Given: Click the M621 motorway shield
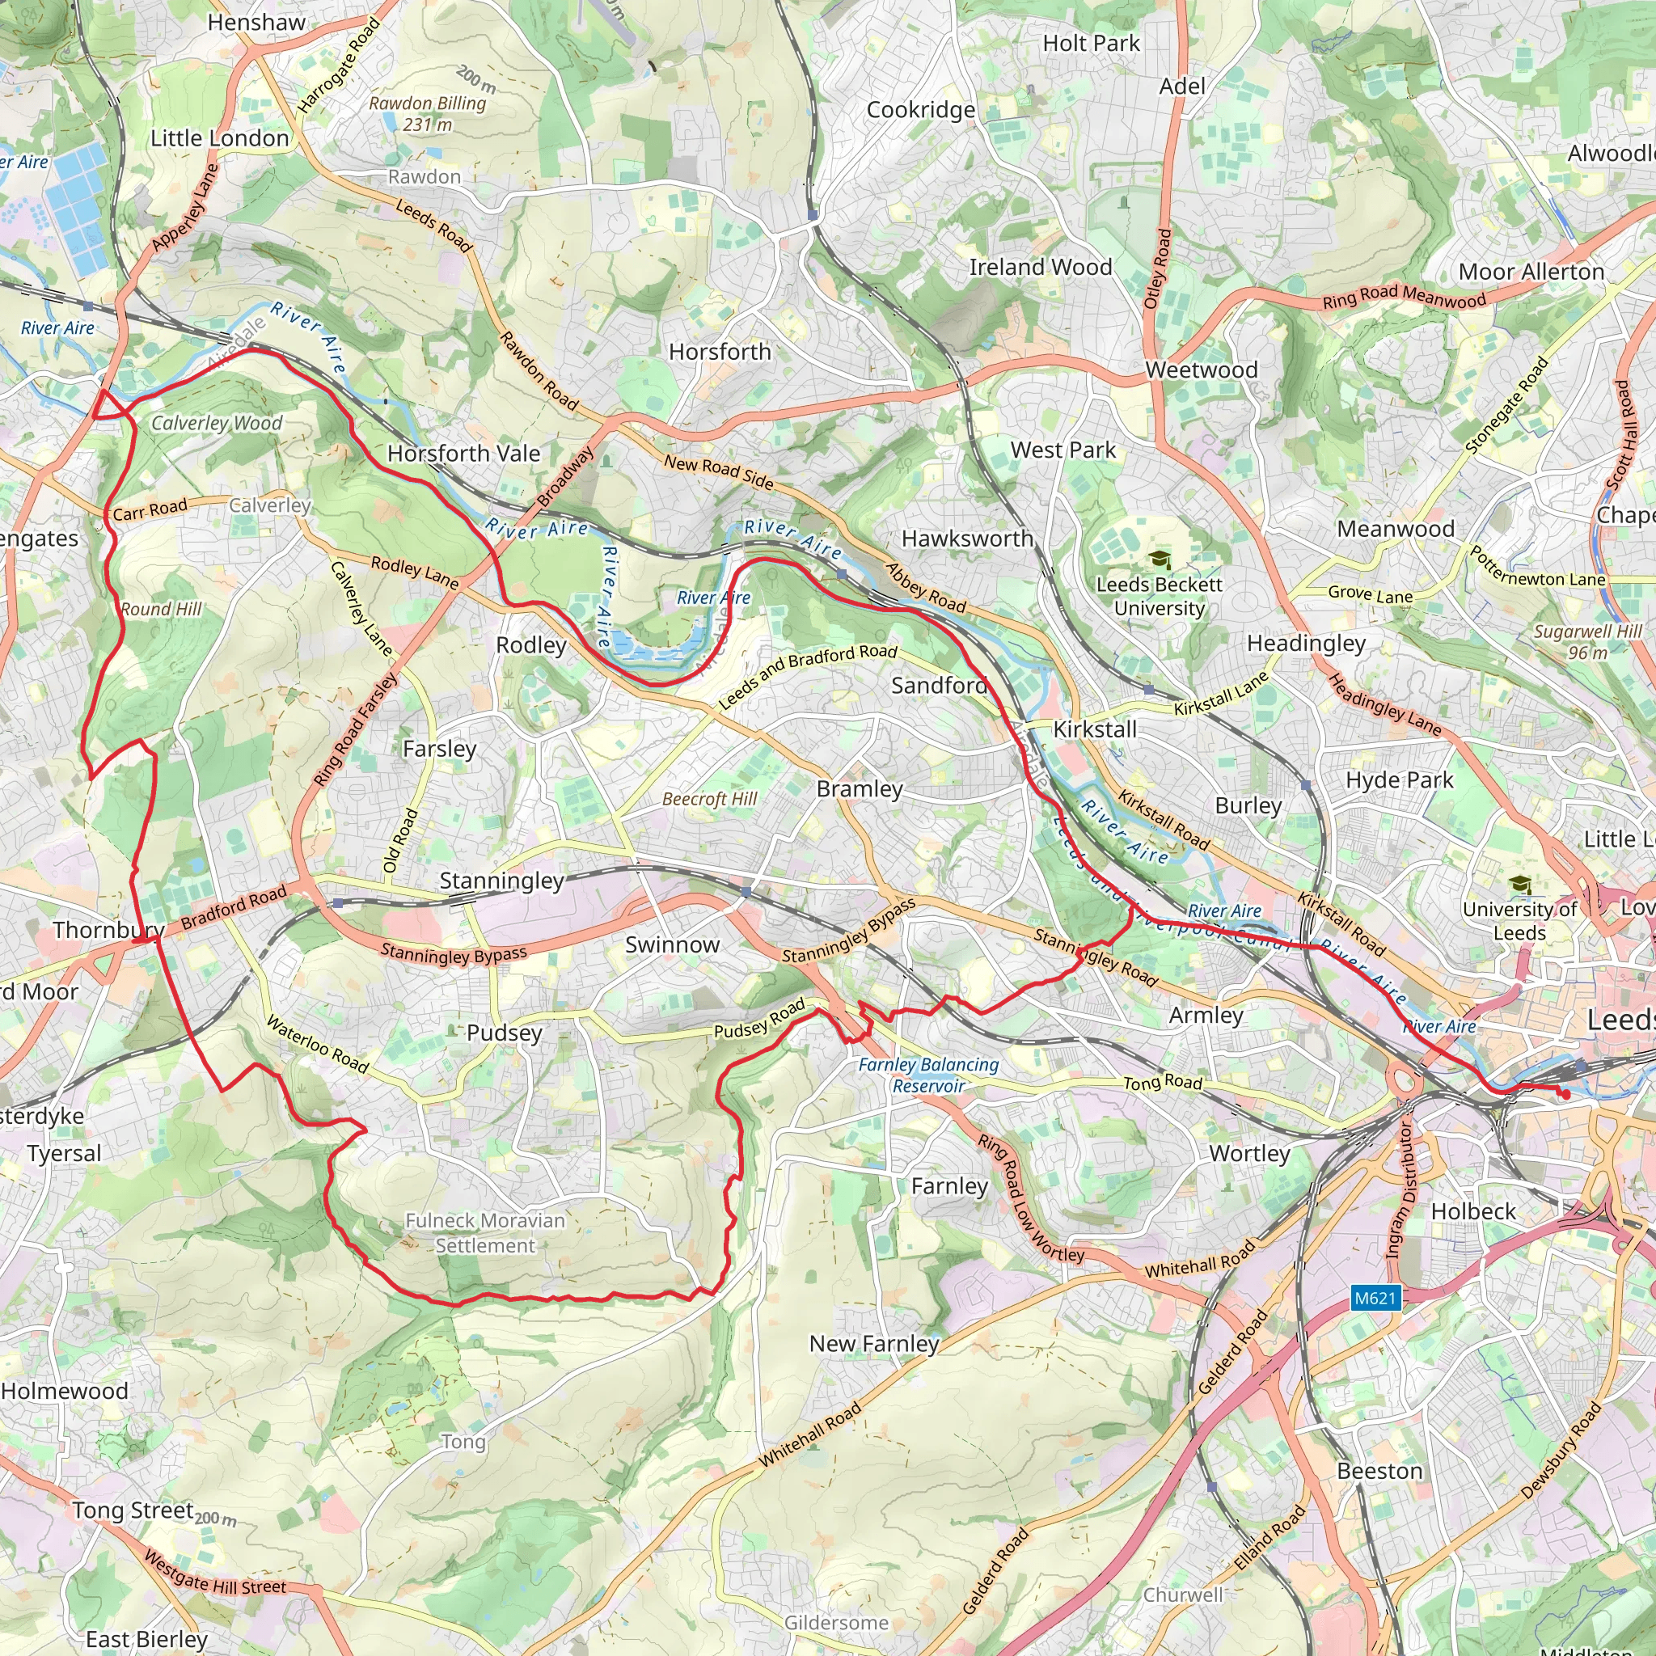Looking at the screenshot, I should (1375, 1298).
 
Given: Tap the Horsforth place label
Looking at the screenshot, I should (720, 352).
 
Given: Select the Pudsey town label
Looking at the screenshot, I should (504, 1033).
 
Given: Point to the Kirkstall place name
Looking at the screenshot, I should (1095, 729).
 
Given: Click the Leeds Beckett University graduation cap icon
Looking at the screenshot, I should (1160, 560).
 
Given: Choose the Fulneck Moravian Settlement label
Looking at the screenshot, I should (485, 1232).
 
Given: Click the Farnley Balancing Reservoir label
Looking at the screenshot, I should (929, 1075).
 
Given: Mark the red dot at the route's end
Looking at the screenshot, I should (1566, 1095).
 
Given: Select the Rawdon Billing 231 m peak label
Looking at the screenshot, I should (427, 113).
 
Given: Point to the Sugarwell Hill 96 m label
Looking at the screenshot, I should (1587, 641).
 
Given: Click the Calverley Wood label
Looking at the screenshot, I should (217, 423).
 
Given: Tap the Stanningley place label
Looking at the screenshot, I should (501, 881).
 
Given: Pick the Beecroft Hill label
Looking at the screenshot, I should (710, 799).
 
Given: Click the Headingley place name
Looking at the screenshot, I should (1307, 643).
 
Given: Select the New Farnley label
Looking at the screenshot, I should (874, 1343).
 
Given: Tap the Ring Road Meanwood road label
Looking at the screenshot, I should (1404, 297).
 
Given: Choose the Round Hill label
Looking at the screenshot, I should (161, 610).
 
